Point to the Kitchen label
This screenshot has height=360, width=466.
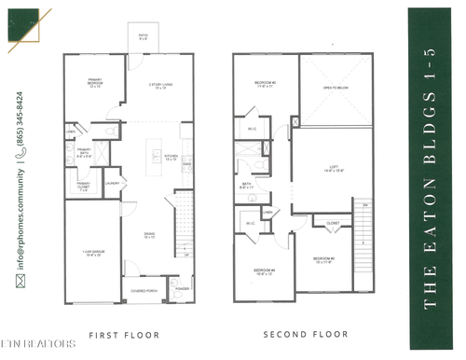tap(171, 159)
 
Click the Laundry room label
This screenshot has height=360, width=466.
tap(113, 184)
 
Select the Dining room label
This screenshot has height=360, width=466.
tap(149, 236)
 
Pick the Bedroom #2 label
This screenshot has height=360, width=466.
tap(264, 85)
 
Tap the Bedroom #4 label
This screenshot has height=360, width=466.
tap(264, 272)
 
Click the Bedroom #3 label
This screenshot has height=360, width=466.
tap(323, 259)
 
